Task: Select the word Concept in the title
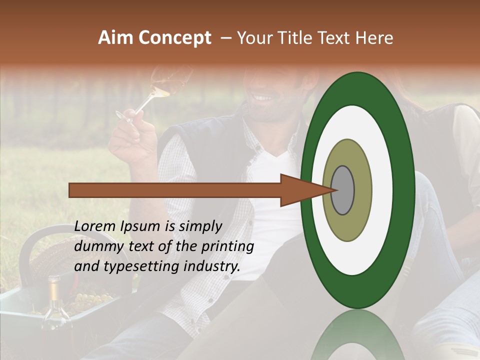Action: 174,38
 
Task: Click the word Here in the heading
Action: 375,38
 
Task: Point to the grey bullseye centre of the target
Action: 343,190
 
